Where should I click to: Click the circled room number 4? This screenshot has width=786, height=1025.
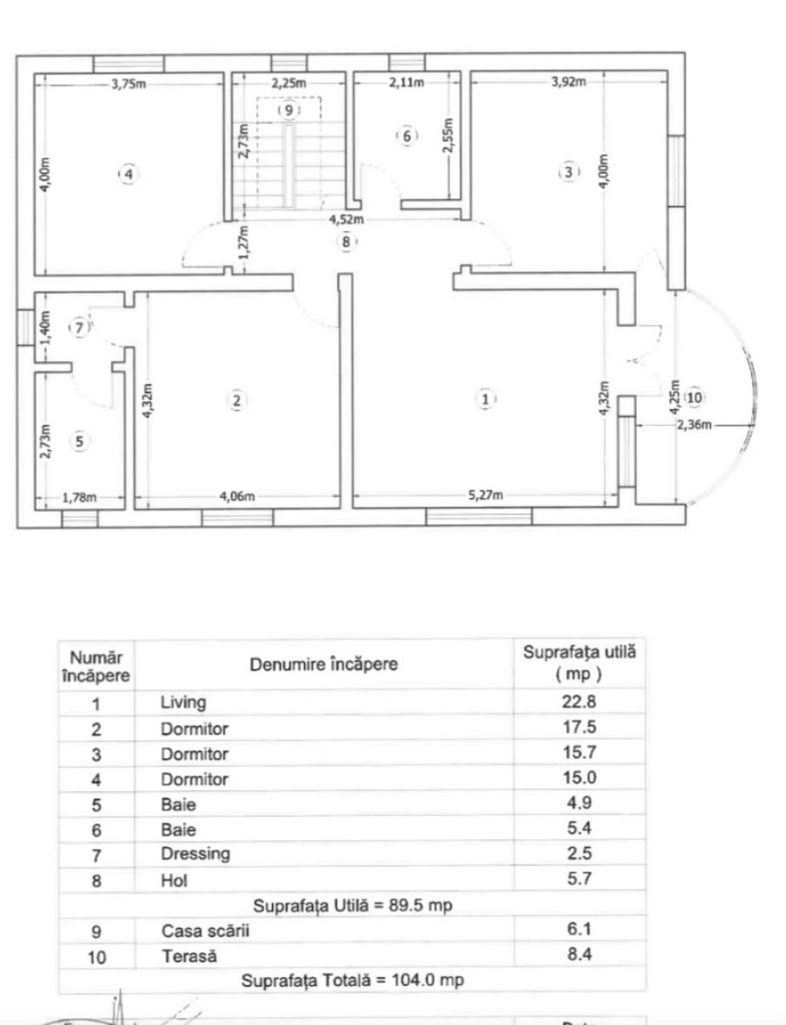(129, 174)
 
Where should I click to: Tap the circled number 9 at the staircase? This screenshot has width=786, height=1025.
(289, 110)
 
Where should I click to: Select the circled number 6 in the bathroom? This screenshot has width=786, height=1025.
(407, 136)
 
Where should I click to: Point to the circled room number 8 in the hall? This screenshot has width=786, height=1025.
(346, 242)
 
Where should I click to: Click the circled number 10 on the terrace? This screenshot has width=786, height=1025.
(694, 398)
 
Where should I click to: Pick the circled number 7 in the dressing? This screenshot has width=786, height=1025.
(79, 327)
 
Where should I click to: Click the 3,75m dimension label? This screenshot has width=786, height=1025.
(129, 84)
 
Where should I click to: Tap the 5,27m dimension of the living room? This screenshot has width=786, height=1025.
(486, 495)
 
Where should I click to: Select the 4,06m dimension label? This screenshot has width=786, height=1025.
(237, 496)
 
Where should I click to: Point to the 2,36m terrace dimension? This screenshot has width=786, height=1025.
(694, 424)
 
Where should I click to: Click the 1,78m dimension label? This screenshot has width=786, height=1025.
(79, 498)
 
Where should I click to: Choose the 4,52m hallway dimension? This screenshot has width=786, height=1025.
(346, 220)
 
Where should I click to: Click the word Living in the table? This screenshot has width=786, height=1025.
(184, 703)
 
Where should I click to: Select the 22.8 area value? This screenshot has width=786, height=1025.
(579, 701)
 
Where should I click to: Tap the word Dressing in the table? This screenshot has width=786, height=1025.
(195, 854)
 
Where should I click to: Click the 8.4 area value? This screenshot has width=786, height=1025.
(579, 954)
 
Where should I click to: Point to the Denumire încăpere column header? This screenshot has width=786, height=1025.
(324, 664)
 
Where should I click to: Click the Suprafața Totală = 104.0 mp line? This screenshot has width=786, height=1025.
(352, 981)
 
